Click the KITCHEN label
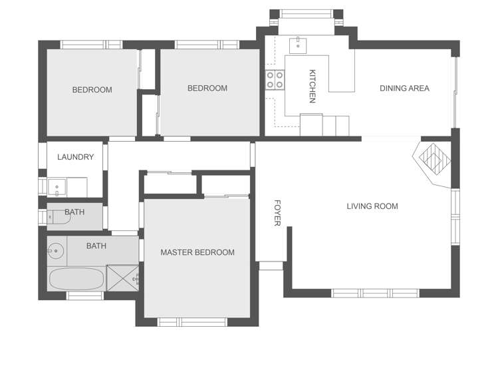[x=312, y=87]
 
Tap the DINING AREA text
[x=404, y=89]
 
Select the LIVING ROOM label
[x=372, y=206]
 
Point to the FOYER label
[x=277, y=213]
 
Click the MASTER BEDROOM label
[x=197, y=252]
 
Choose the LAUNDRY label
[x=75, y=158]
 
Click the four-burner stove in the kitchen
[x=275, y=80]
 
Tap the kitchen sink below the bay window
[x=298, y=45]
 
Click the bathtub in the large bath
[x=76, y=278]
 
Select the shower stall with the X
[x=123, y=277]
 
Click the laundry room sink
[x=57, y=187]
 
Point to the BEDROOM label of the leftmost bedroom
[x=92, y=90]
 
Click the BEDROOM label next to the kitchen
[x=207, y=89]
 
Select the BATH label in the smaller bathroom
[x=74, y=212]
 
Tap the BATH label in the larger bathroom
[x=96, y=246]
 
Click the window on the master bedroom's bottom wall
[x=183, y=322]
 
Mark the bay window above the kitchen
[x=306, y=13]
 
